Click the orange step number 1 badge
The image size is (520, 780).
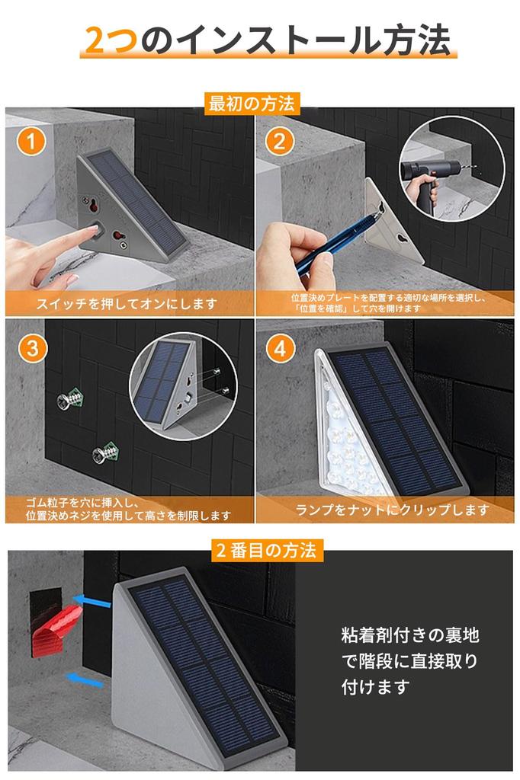click(30, 142)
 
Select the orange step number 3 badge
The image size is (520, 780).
click(30, 349)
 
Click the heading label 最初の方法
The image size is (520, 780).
click(251, 103)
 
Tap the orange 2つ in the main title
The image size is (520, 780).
click(111, 40)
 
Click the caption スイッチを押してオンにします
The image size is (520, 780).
click(127, 304)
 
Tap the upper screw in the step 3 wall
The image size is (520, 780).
click(70, 398)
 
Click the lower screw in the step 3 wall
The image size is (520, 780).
click(104, 455)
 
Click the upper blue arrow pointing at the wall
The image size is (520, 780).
click(95, 603)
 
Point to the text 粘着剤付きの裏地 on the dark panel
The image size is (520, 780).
click(409, 635)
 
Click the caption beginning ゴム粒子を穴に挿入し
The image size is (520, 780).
click(126, 509)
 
